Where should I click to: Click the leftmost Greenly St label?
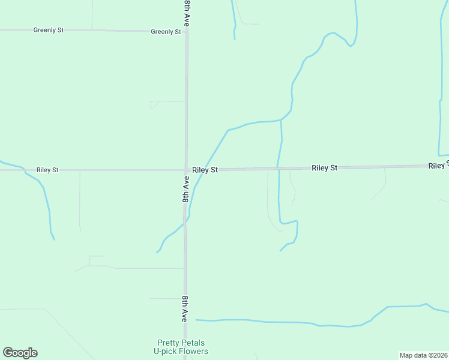click(49, 30)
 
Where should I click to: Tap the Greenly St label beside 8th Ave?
click(166, 32)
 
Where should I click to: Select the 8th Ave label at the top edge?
click(187, 12)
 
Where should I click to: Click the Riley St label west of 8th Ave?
click(47, 170)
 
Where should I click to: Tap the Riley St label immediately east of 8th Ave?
click(205, 170)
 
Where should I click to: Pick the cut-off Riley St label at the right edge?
click(438, 165)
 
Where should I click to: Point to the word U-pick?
click(165, 351)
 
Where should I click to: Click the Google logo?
click(20, 353)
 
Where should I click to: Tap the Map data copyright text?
click(414, 355)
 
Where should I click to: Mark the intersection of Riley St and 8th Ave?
click(186, 170)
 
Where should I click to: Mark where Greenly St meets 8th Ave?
click(187, 31)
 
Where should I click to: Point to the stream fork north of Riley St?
click(281, 120)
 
